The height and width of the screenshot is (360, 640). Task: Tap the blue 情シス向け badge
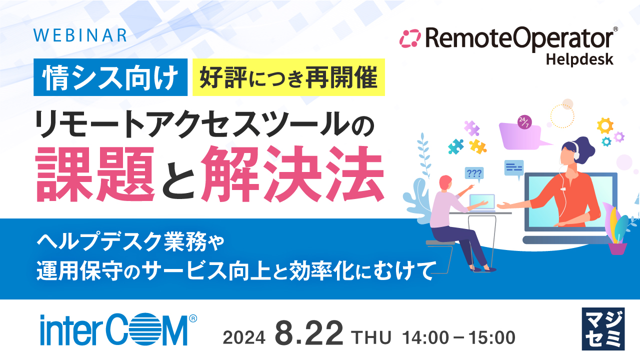click(x=111, y=77)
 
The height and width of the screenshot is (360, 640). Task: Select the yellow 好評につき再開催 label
click(x=288, y=77)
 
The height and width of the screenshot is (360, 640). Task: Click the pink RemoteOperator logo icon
click(x=411, y=38)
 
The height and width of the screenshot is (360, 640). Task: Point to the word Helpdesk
click(x=579, y=59)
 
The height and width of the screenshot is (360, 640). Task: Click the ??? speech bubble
click(x=473, y=173)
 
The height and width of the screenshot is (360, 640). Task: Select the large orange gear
click(x=605, y=124)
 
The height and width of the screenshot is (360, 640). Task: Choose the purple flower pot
click(x=617, y=247)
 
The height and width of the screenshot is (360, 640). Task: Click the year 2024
click(x=244, y=338)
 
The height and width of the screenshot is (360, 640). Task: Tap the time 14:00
click(x=426, y=338)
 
